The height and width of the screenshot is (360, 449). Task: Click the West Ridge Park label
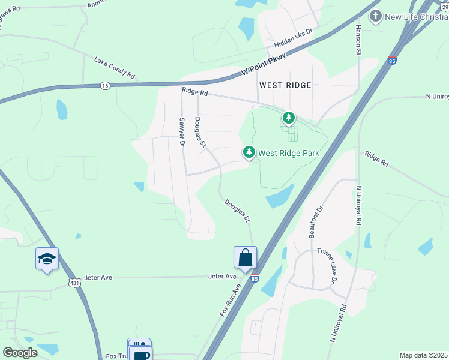click(288, 153)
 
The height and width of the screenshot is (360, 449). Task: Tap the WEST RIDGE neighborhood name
click(285, 85)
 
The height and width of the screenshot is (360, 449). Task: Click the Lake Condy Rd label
click(115, 68)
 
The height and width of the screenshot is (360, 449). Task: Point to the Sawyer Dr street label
click(180, 131)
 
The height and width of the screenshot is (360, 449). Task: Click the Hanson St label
click(358, 40)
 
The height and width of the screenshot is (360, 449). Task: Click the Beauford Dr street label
click(316, 222)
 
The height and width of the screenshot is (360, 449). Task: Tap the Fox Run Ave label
click(229, 300)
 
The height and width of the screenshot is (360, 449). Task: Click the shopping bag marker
click(245, 257)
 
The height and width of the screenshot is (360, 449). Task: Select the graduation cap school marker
click(47, 259)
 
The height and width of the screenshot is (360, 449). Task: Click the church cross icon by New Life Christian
click(376, 16)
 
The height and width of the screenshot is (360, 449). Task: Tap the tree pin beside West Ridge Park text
click(249, 152)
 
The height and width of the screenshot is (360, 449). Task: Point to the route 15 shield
click(105, 86)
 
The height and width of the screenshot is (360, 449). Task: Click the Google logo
click(20, 353)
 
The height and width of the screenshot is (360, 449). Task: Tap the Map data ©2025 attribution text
click(423, 355)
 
